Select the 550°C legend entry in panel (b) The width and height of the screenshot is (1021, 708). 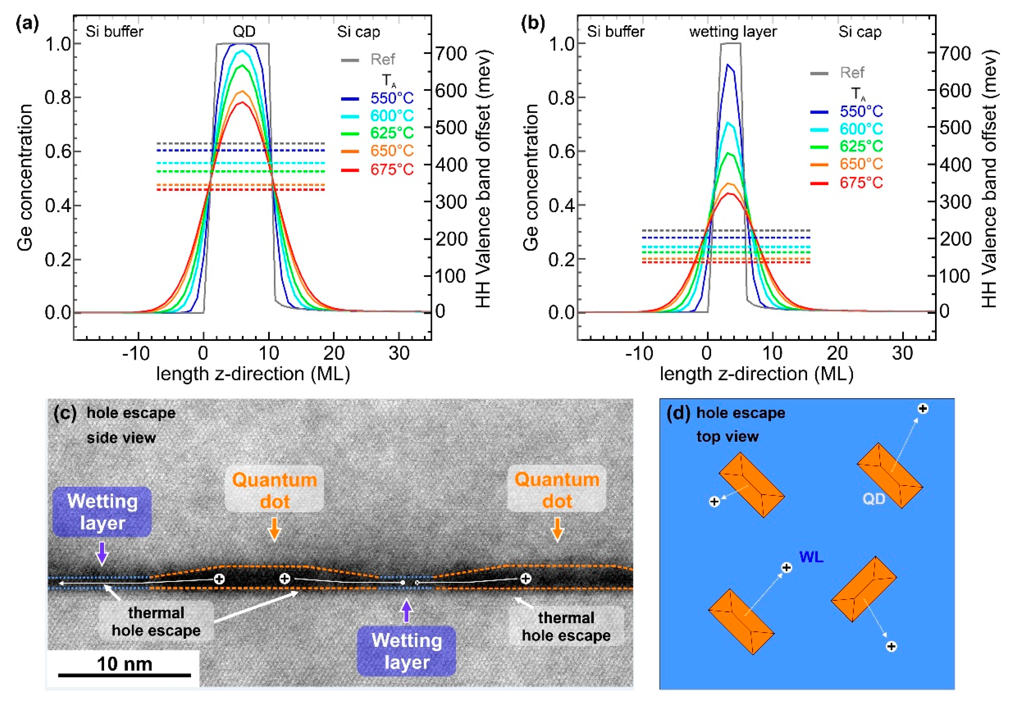click(861, 111)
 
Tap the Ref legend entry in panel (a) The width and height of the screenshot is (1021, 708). click(383, 59)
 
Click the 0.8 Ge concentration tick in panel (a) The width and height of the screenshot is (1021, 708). click(58, 97)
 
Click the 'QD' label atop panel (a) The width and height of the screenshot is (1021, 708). click(244, 31)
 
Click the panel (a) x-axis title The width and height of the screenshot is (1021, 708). click(253, 374)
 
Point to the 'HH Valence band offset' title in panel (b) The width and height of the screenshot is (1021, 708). click(989, 177)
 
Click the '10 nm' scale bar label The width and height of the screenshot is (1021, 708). click(124, 664)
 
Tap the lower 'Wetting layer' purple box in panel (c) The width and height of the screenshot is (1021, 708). click(406, 651)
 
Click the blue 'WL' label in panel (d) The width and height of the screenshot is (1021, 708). click(811, 557)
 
